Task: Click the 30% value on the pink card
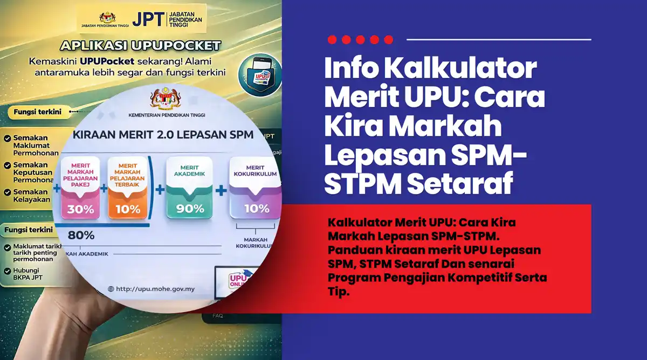point(80,209)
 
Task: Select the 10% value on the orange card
point(127,209)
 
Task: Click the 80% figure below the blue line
point(81,235)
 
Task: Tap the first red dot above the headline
point(332,39)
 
